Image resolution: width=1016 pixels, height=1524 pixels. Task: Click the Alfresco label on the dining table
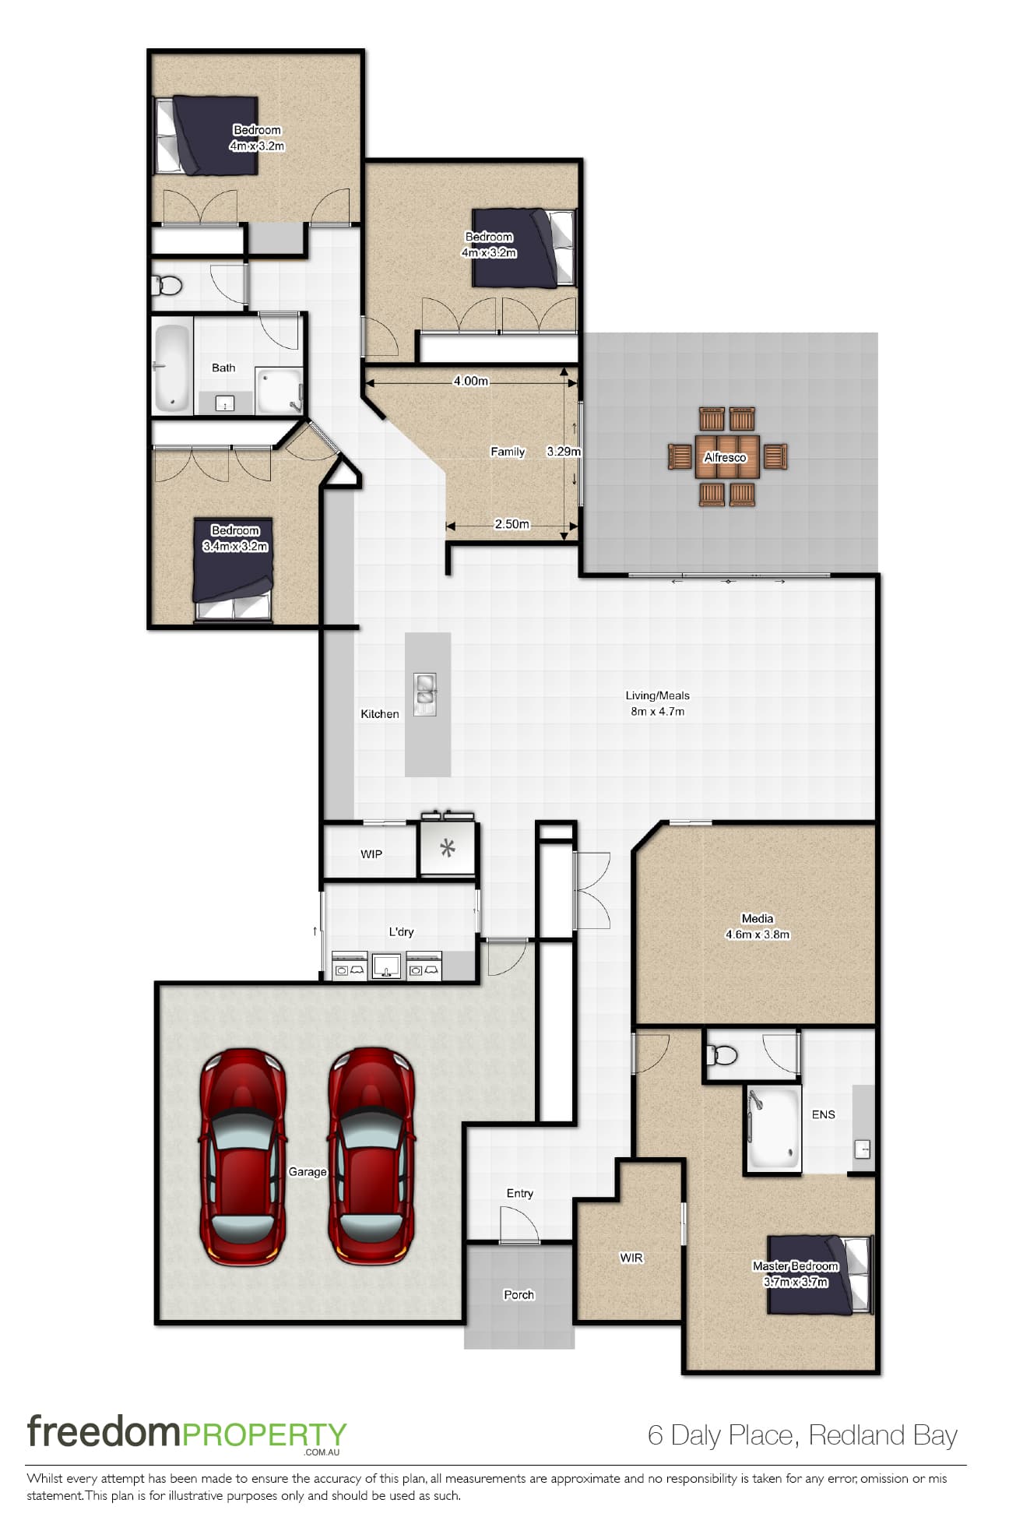tap(725, 458)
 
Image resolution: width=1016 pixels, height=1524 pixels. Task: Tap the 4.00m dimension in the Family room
tap(471, 381)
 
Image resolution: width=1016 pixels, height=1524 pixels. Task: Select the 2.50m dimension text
tap(512, 524)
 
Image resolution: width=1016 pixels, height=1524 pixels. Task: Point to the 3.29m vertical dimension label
tap(564, 451)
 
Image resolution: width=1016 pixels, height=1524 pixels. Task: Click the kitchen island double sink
tap(425, 694)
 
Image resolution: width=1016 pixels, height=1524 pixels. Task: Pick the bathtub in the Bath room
tap(172, 368)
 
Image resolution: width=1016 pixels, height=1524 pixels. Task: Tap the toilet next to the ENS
tap(721, 1055)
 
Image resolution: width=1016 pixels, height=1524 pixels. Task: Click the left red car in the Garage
tap(243, 1156)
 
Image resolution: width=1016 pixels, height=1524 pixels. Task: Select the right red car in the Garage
tap(371, 1156)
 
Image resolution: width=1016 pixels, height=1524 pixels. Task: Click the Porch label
tap(519, 1294)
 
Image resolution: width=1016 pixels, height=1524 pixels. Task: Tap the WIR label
tap(631, 1258)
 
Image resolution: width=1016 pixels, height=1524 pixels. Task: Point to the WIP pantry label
tap(371, 854)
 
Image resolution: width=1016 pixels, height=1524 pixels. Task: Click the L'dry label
tap(401, 931)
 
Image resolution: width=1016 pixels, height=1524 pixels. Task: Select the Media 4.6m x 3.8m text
tap(758, 927)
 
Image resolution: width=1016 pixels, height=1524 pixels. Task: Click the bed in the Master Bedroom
tap(819, 1275)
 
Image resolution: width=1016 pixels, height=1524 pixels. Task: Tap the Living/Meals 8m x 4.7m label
tap(658, 703)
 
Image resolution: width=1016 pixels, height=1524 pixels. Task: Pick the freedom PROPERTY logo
tap(187, 1434)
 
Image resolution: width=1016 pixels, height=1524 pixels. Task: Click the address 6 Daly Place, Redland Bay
tap(802, 1434)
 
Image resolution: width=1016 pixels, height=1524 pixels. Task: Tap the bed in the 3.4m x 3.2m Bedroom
tap(233, 570)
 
